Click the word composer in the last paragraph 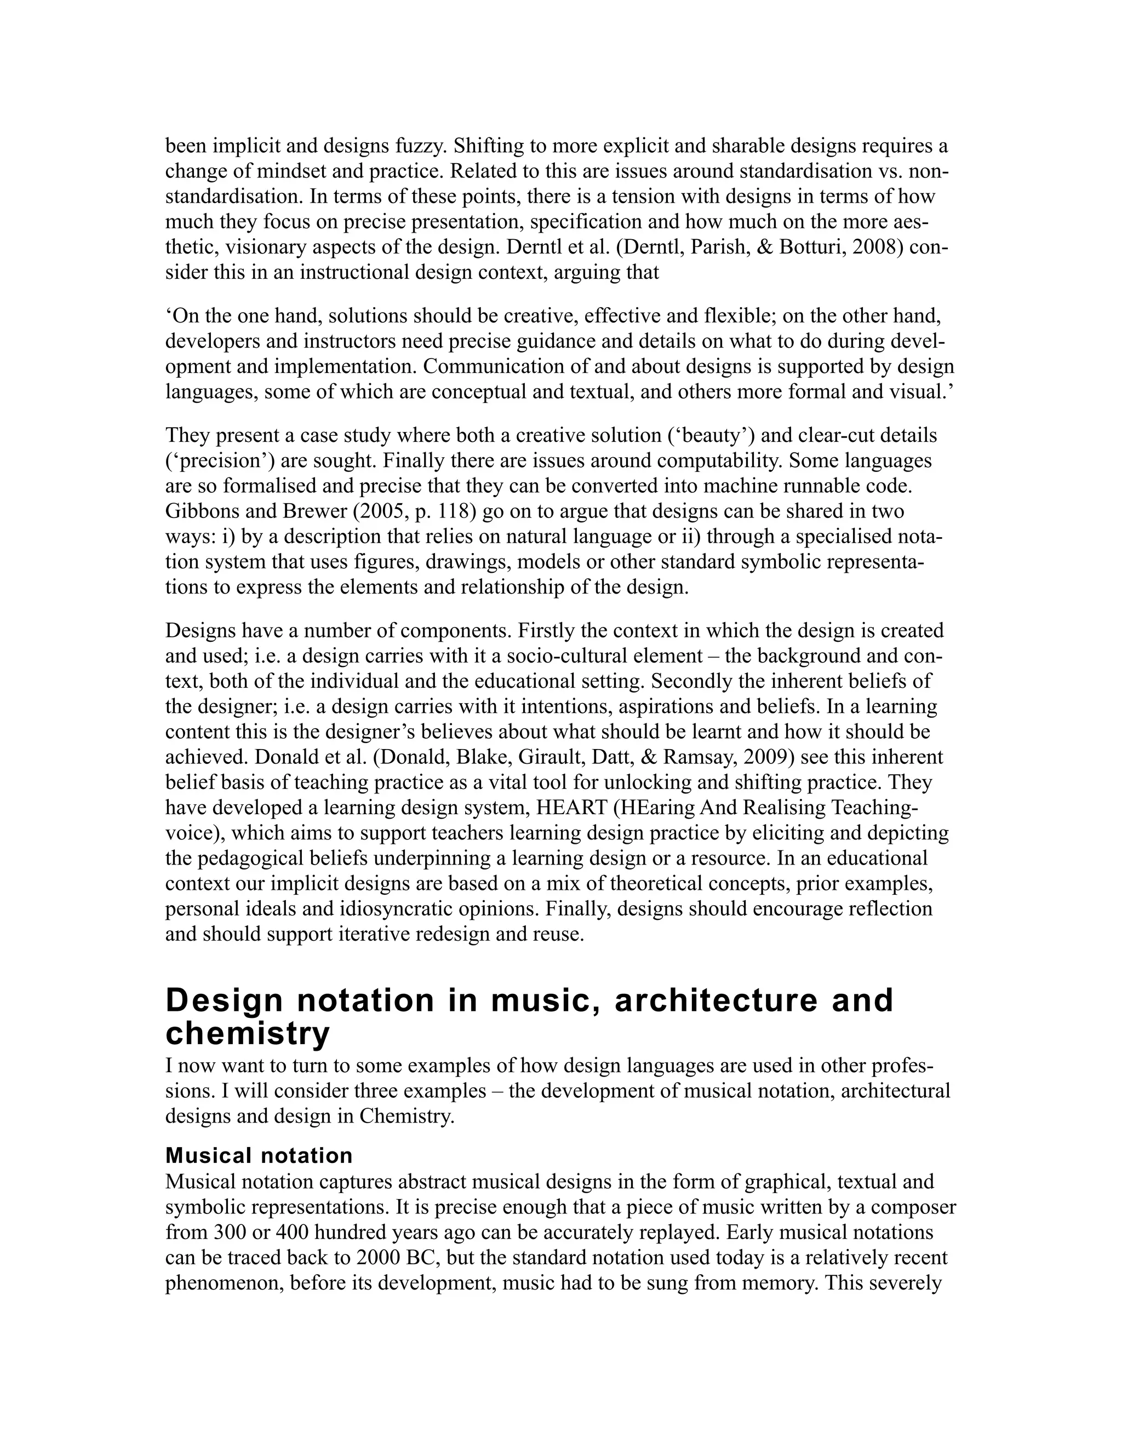pyautogui.click(x=910, y=1207)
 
